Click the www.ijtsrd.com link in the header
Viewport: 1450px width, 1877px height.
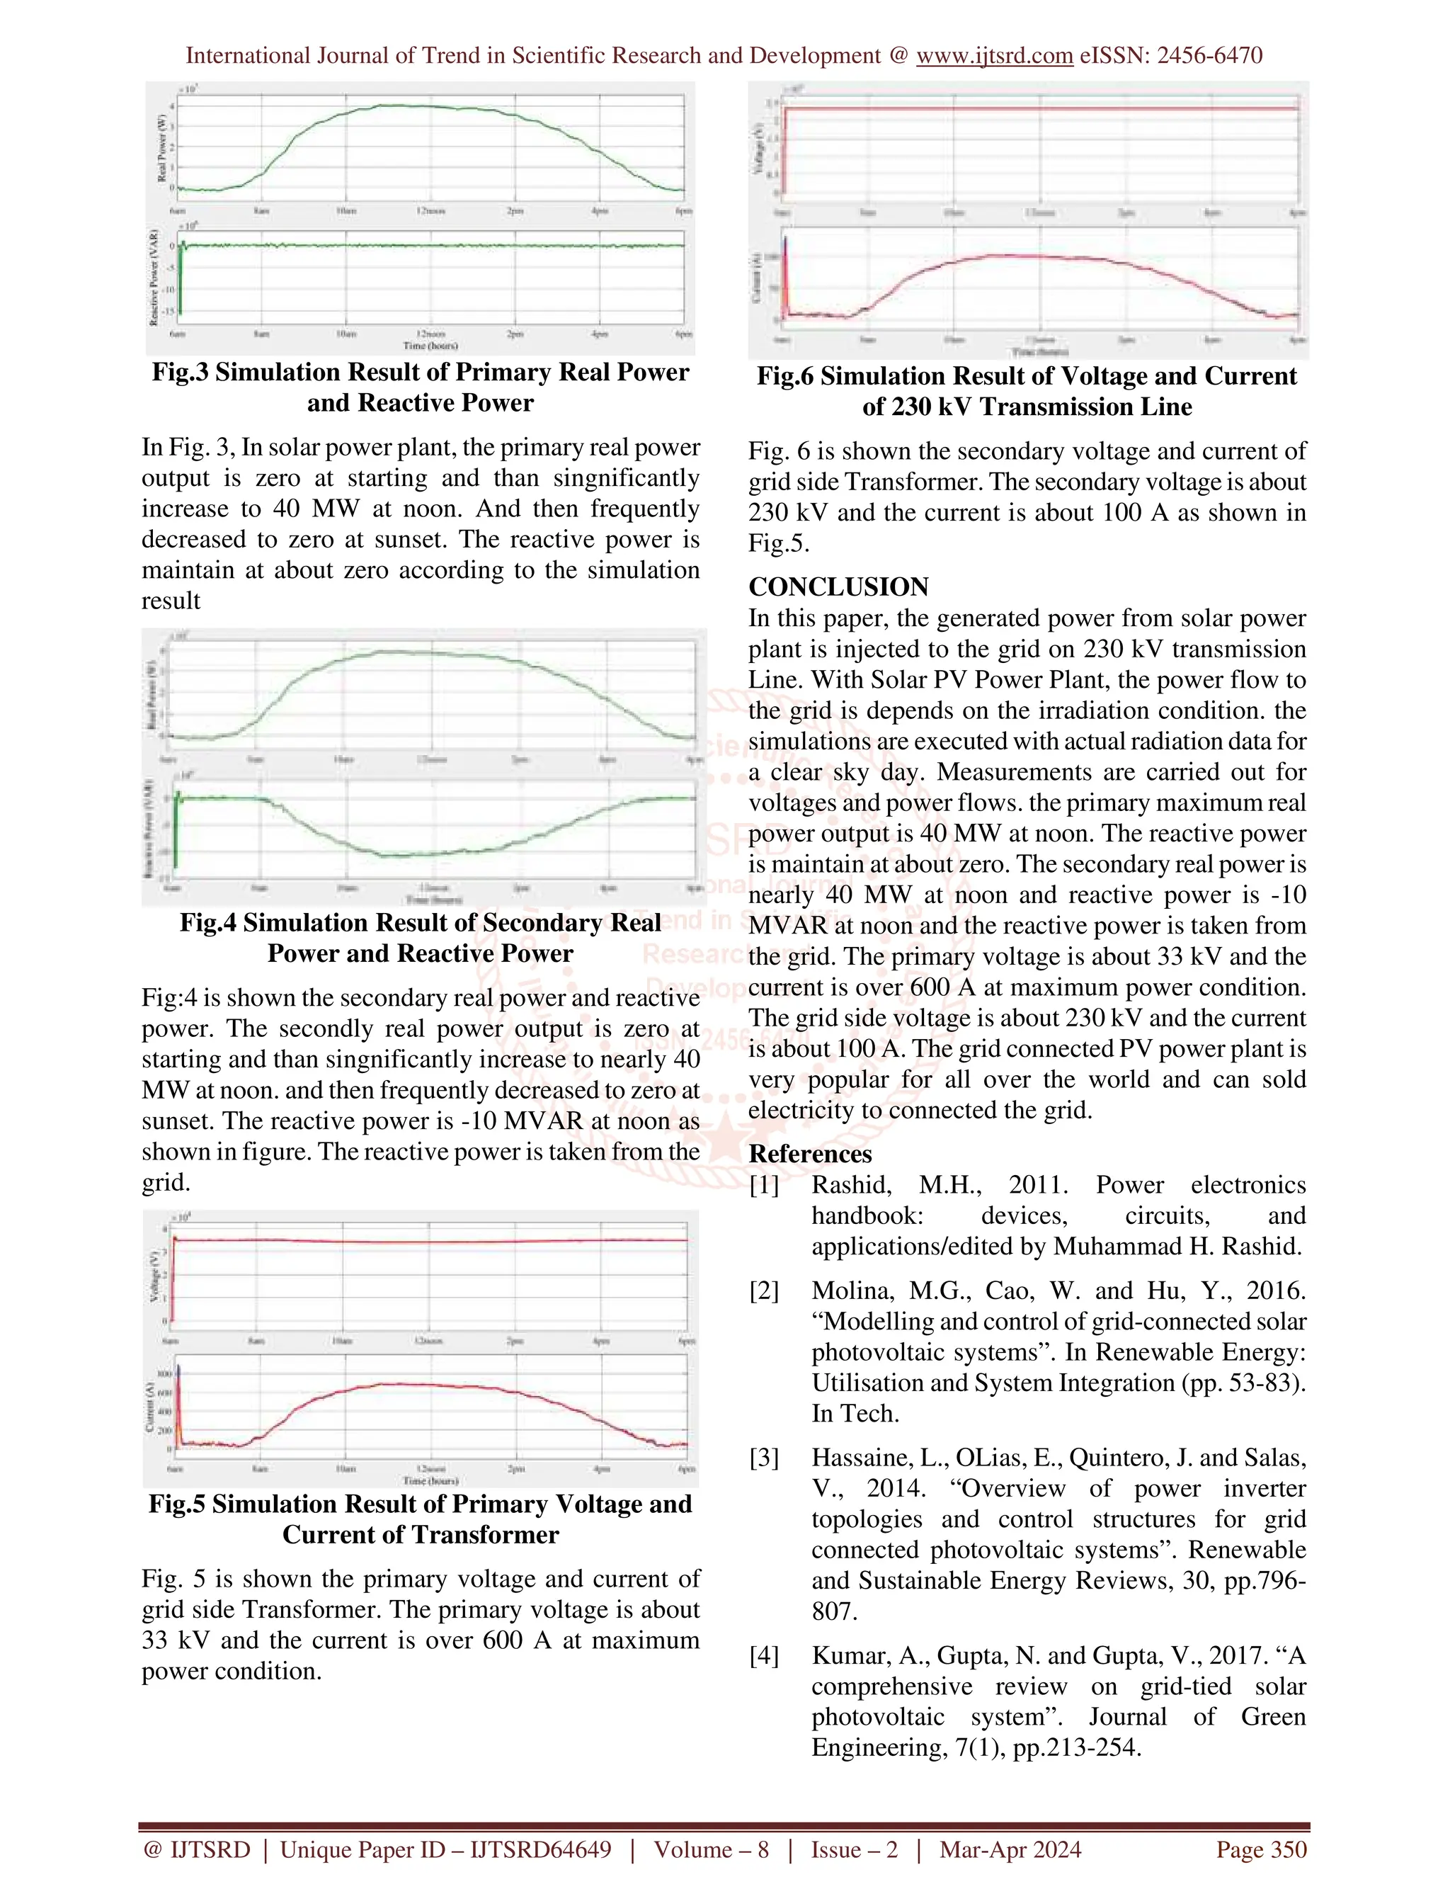point(994,56)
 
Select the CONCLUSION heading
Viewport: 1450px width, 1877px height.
point(838,587)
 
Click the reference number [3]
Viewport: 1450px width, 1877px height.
point(764,1458)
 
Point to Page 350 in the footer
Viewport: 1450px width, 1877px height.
point(1261,1849)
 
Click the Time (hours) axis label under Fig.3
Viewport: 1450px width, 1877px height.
point(430,346)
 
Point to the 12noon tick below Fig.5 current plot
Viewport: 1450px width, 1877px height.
point(430,1469)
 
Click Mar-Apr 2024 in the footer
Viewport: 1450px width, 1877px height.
point(1010,1849)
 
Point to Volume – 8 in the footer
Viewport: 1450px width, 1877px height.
point(712,1849)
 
